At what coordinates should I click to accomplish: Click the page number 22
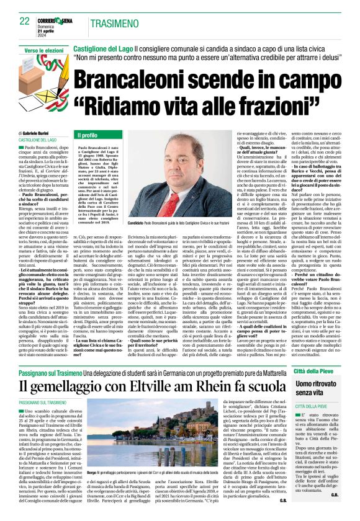[x=25, y=21]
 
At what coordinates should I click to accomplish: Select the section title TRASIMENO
[x=115, y=23]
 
